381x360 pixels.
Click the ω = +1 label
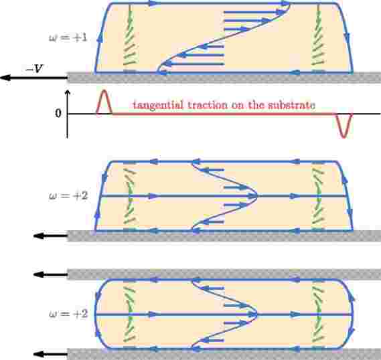[x=68, y=38]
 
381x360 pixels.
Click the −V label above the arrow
[x=35, y=69]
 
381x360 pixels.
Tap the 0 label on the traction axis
[x=58, y=113]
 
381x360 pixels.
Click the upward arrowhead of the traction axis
[x=68, y=93]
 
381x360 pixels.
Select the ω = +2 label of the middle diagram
[x=68, y=195]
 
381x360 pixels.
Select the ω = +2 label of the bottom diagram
[x=68, y=314]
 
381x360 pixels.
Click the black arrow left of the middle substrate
[x=50, y=236]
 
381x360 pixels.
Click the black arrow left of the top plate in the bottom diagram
[x=50, y=275]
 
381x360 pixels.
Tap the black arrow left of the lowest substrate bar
[x=50, y=354]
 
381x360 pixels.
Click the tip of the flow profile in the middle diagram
[x=256, y=196]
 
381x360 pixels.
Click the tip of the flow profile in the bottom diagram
[x=256, y=314]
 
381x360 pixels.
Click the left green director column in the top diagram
[x=130, y=38]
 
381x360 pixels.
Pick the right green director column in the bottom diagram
[x=318, y=314]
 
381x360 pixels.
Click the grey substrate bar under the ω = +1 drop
[x=224, y=78]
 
